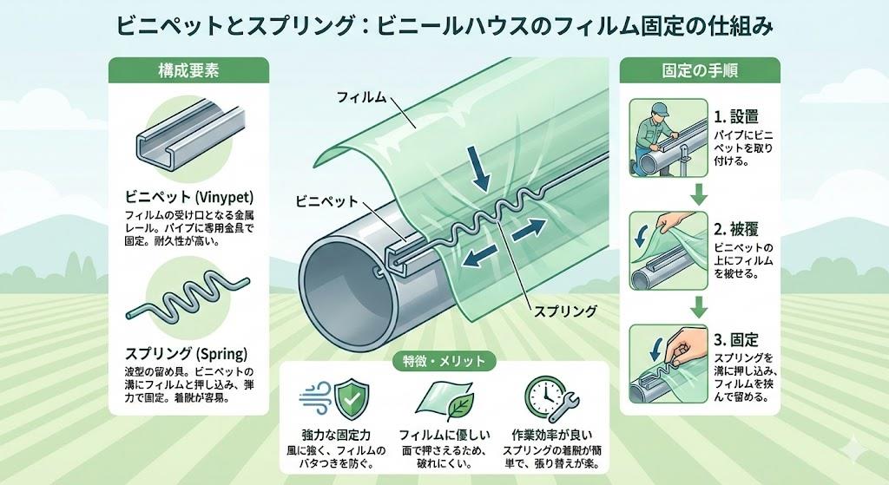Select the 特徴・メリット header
(x=444, y=359)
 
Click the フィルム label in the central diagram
(x=360, y=98)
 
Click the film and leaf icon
(x=444, y=398)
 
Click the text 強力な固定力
(x=343, y=436)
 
